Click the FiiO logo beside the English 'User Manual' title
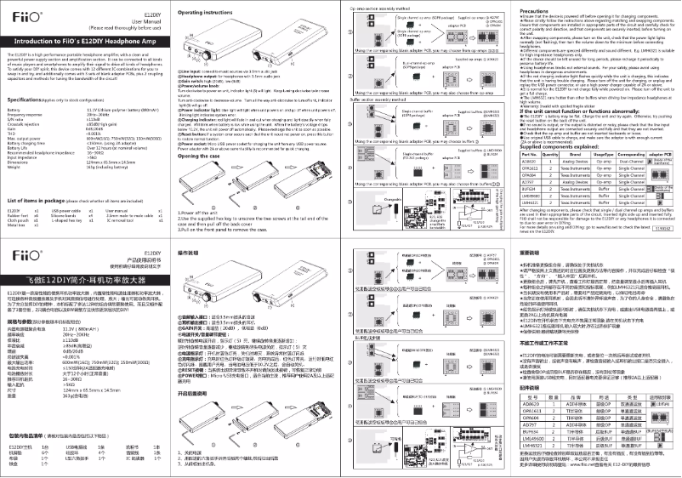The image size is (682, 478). click(x=22, y=14)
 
